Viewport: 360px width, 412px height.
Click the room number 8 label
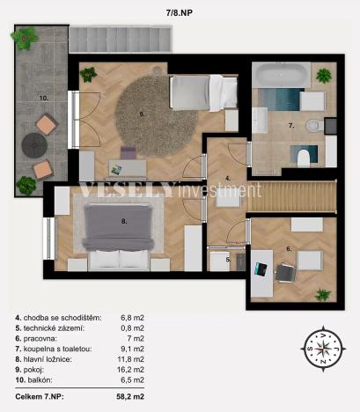[124, 221]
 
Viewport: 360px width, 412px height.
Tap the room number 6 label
[289, 250]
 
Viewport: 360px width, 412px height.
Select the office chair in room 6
[283, 272]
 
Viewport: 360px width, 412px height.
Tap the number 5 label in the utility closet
[227, 259]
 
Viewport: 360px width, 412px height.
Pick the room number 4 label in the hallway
[226, 179]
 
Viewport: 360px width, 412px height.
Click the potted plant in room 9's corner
[88, 75]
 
